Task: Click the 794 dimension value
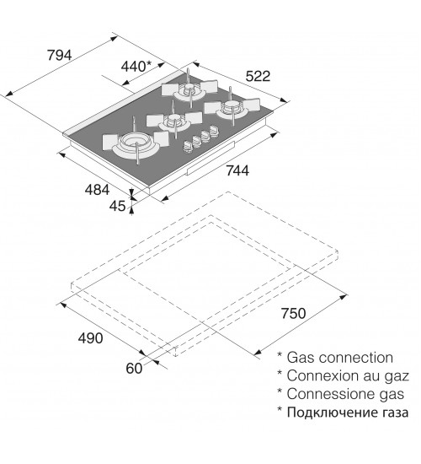click(x=60, y=55)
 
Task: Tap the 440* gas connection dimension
click(x=136, y=67)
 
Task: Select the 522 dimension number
click(x=258, y=76)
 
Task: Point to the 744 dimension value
click(x=237, y=170)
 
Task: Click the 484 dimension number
click(x=97, y=190)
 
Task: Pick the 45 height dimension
click(x=117, y=206)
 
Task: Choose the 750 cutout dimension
click(x=293, y=314)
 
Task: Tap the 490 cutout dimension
click(x=90, y=338)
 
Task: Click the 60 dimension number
click(x=134, y=369)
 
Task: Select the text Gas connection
click(x=340, y=358)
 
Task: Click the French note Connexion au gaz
click(x=348, y=376)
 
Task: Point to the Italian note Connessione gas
click(x=345, y=394)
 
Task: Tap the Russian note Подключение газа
click(x=348, y=413)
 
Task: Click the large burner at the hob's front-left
click(x=136, y=143)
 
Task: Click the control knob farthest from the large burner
click(x=214, y=131)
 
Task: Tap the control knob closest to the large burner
click(x=189, y=146)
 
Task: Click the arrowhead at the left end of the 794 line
click(x=9, y=94)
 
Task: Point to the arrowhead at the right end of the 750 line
click(x=344, y=297)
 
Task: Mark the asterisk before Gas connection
click(x=280, y=354)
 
